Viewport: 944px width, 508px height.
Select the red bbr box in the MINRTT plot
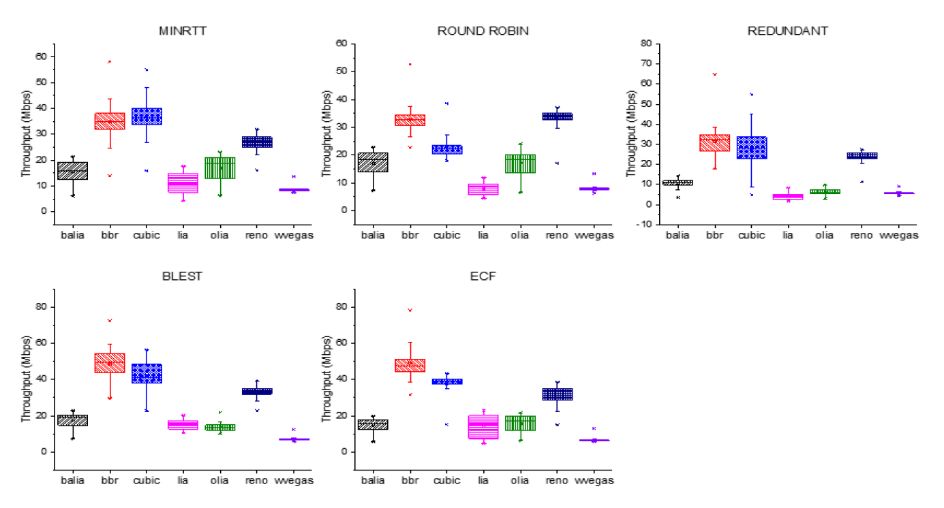[109, 121]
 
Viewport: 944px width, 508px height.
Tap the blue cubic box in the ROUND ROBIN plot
[447, 149]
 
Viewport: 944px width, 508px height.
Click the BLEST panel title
[183, 276]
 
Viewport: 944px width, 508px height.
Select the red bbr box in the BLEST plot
[109, 362]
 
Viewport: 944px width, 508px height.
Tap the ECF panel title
[484, 276]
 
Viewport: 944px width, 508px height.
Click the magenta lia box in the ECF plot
[484, 426]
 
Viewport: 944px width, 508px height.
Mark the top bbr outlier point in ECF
[410, 310]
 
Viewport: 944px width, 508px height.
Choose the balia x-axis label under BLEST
[72, 481]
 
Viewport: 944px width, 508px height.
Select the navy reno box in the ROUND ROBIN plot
[558, 116]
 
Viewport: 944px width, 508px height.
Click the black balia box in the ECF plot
[374, 424]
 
